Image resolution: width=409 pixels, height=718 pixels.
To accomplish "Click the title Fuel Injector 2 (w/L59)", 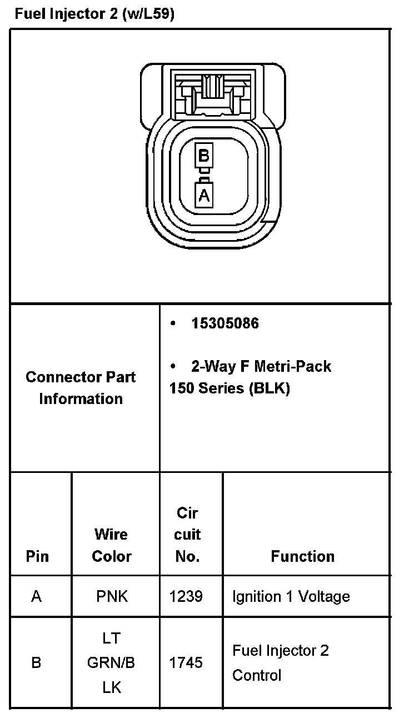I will click(94, 14).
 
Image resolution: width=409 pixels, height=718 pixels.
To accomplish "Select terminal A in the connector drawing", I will click(204, 195).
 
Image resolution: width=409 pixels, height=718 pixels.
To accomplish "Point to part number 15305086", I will click(225, 323).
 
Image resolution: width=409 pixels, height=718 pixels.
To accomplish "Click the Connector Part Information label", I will click(81, 388).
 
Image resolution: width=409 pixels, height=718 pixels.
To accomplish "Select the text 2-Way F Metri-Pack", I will click(261, 366).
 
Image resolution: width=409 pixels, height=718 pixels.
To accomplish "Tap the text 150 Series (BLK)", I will click(230, 388).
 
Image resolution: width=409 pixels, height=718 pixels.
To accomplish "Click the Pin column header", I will click(37, 556).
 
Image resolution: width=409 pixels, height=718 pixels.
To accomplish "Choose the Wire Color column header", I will click(112, 545).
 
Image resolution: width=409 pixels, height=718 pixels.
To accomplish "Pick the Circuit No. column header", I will click(187, 535).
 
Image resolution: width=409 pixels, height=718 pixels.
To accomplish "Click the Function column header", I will click(303, 556).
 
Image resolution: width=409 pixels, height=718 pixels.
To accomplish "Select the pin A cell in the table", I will click(37, 597).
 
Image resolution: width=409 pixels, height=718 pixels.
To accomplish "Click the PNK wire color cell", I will click(112, 597).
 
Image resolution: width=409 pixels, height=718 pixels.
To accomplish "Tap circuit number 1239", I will click(186, 597).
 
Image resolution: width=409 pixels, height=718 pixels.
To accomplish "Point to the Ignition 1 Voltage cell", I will click(291, 597).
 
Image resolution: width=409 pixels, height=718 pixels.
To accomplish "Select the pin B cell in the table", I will click(37, 663).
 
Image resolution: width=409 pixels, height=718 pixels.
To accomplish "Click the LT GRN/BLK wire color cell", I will click(112, 663).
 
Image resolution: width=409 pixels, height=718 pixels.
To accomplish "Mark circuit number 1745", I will click(186, 663).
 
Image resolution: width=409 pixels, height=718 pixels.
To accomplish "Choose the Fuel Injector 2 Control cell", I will click(281, 663).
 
